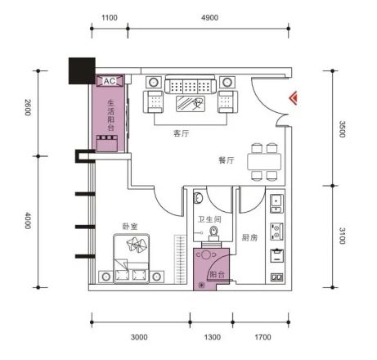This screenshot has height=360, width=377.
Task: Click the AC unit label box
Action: [110, 81]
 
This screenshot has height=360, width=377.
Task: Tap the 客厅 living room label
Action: [182, 133]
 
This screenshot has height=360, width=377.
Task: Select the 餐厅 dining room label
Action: [227, 160]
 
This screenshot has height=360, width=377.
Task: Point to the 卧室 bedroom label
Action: [130, 227]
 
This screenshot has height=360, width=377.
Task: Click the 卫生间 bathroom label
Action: [209, 219]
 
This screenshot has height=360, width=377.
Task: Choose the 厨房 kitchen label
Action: [249, 237]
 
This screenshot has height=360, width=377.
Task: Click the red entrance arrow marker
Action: [294, 98]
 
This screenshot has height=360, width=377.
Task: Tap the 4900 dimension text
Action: [209, 18]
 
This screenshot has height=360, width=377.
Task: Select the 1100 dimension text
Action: [110, 18]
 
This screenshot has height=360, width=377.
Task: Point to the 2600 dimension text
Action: [28, 107]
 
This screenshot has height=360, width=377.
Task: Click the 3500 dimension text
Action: [342, 129]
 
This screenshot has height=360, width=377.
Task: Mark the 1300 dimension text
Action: [213, 337]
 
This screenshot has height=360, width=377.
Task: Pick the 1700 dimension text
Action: [263, 337]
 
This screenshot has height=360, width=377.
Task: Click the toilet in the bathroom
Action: [213, 234]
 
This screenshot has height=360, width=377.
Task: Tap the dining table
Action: [264, 161]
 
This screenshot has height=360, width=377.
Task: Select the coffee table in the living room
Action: [191, 104]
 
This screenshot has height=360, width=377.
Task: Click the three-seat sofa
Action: [191, 85]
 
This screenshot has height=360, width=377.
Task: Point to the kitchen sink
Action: [276, 204]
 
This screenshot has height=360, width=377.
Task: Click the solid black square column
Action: [82, 70]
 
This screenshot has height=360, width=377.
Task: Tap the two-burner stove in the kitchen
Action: [276, 232]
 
